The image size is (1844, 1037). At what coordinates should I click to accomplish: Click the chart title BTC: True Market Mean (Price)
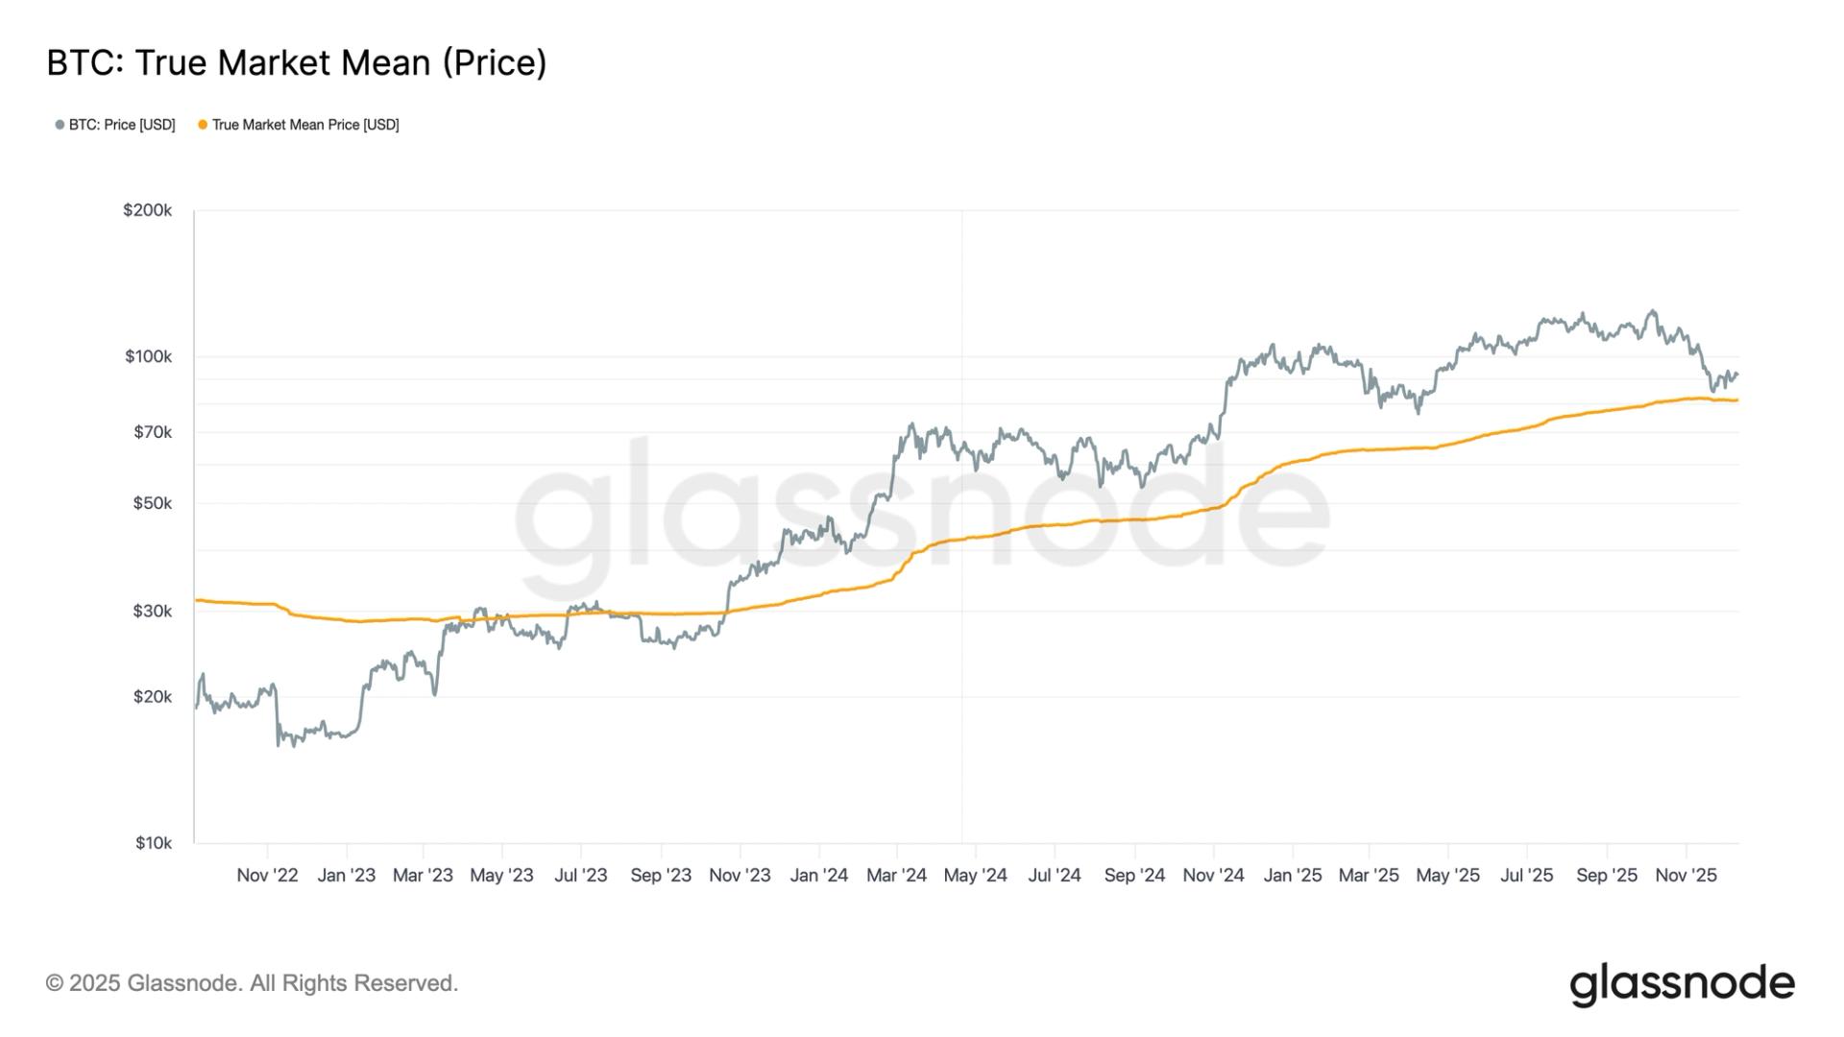click(x=297, y=63)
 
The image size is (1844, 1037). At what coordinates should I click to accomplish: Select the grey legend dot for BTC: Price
click(x=60, y=125)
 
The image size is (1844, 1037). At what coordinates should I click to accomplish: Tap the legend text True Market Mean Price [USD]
click(x=305, y=125)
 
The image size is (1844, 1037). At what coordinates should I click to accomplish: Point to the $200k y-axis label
click(x=147, y=210)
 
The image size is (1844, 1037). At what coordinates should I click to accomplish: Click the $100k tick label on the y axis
click(x=148, y=356)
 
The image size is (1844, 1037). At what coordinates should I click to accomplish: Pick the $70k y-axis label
click(x=153, y=432)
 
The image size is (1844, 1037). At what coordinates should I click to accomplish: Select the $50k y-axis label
click(x=153, y=503)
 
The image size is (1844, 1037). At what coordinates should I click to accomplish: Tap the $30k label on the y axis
click(x=153, y=611)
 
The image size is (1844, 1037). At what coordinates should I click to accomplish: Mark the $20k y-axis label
click(x=153, y=696)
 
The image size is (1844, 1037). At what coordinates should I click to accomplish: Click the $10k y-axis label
click(x=153, y=843)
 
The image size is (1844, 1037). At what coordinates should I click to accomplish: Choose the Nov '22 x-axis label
click(x=267, y=876)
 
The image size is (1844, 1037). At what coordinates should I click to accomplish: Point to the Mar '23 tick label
click(x=423, y=876)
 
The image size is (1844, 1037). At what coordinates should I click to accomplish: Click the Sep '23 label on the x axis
click(x=661, y=876)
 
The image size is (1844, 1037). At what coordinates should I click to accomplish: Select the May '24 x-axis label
click(x=976, y=876)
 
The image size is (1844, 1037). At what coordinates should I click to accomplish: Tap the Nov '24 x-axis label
click(x=1213, y=876)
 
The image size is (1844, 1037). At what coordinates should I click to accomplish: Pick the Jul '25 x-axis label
click(x=1526, y=876)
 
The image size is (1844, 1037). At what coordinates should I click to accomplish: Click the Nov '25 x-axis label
click(x=1686, y=876)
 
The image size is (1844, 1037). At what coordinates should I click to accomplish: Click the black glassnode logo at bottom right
click(x=1682, y=984)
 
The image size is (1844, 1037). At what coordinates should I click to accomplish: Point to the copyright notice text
click(x=252, y=983)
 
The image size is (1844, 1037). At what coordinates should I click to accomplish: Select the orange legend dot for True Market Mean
click(x=203, y=125)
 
